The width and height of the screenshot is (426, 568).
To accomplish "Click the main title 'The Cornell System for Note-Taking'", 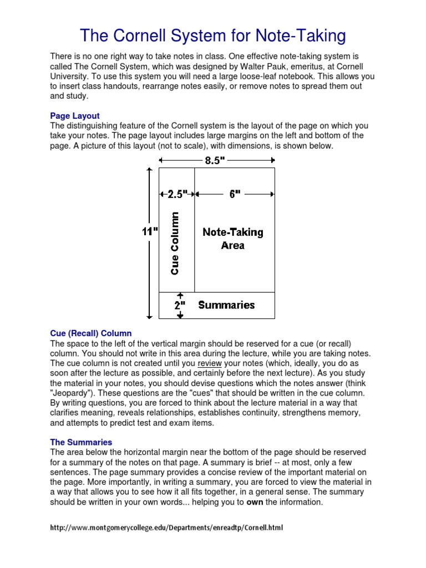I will coord(213,35).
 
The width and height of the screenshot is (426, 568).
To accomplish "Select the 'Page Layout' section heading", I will coord(75,116).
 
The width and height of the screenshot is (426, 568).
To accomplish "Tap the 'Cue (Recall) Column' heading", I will coord(91,333).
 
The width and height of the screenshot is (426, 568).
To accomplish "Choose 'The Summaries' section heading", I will coord(81,442).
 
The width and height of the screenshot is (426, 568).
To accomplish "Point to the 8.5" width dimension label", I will coord(215,161).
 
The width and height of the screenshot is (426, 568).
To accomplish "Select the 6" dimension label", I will coord(235,194).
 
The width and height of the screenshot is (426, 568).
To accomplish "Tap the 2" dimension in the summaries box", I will coord(180,306).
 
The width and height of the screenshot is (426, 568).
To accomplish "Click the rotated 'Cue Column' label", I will coord(175,244).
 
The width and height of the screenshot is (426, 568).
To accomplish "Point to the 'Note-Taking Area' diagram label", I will coord(233,239).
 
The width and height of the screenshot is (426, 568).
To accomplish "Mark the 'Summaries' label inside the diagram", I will coord(226,305).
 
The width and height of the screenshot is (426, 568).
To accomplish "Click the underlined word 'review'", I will coord(210,363).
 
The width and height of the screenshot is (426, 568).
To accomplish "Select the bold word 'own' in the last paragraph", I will coord(255,502).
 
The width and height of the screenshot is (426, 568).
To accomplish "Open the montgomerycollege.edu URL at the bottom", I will coord(166,528).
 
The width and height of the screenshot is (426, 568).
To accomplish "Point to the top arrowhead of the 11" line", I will coord(149,170).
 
